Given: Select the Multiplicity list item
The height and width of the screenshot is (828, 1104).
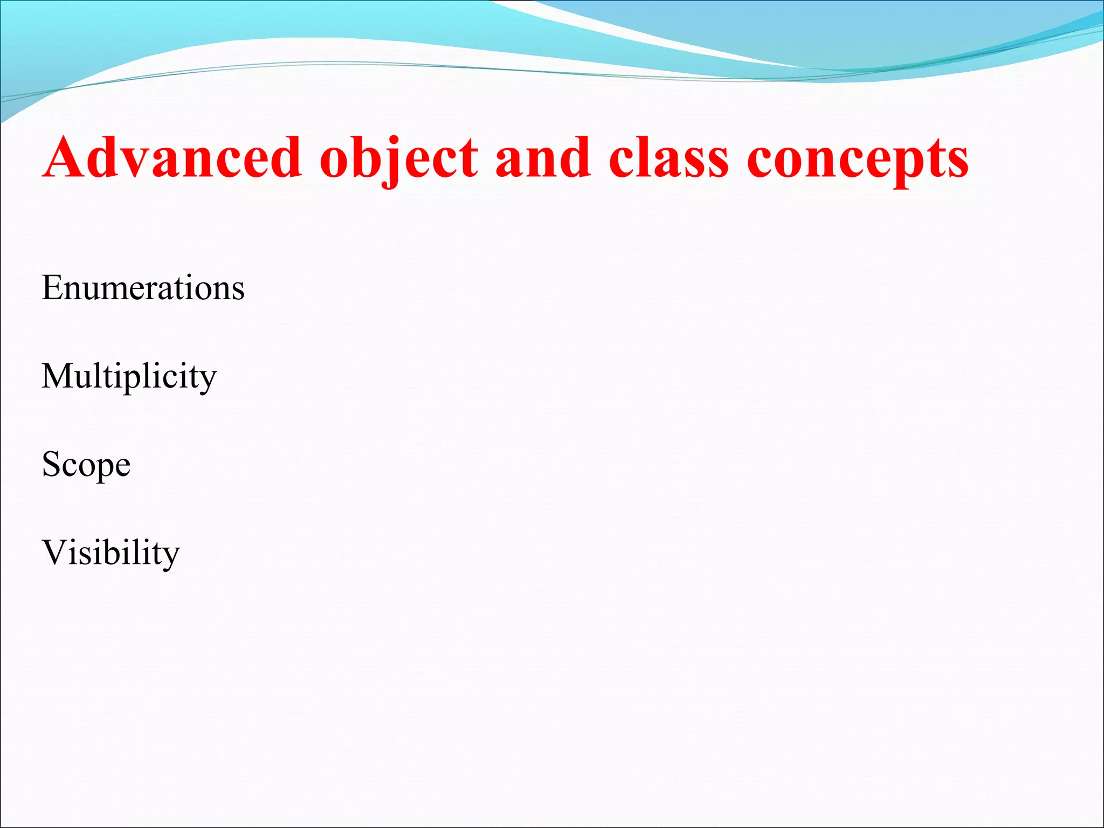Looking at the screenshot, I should [129, 376].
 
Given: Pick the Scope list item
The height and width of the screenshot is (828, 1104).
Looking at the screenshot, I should [86, 464].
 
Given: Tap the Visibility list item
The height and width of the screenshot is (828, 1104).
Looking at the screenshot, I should [111, 553].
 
